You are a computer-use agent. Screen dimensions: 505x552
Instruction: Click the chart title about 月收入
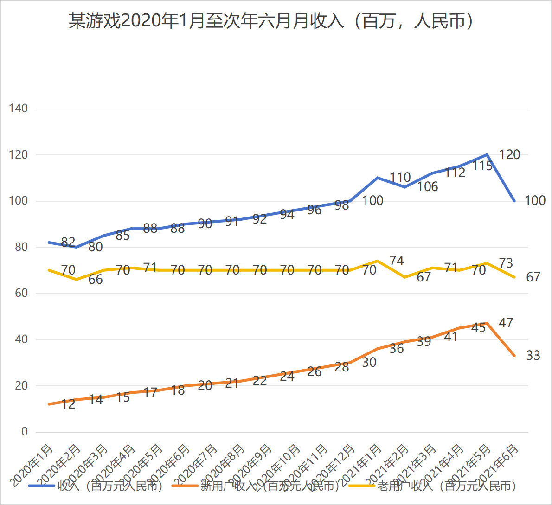(x=271, y=21)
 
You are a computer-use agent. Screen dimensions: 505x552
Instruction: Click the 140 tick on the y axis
(x=19, y=109)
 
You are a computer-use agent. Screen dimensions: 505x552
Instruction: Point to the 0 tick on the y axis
(x=25, y=432)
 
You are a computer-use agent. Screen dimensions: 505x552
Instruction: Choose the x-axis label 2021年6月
(x=499, y=465)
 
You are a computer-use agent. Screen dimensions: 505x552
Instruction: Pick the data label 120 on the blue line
(x=509, y=155)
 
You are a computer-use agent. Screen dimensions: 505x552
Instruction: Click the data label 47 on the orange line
(x=506, y=323)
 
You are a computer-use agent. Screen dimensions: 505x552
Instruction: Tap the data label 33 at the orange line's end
(x=533, y=355)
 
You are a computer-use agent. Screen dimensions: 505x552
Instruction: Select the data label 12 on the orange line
(x=68, y=404)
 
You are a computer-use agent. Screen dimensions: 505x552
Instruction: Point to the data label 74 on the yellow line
(x=397, y=261)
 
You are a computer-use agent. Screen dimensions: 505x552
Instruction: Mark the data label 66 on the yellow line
(x=96, y=280)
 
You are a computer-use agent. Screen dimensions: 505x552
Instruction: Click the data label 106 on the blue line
(x=427, y=186)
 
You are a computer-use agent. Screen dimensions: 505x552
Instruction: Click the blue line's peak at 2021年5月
(x=487, y=155)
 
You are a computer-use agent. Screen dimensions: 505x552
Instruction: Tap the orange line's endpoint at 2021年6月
(x=514, y=356)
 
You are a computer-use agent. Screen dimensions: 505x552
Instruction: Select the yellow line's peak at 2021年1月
(x=378, y=261)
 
